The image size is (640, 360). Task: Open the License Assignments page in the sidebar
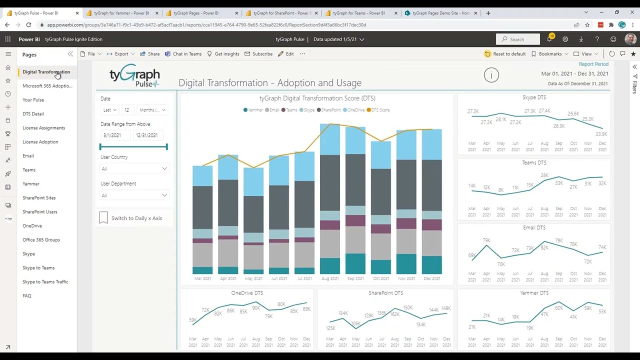(x=43, y=128)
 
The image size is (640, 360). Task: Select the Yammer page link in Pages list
(x=30, y=184)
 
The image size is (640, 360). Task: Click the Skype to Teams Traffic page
(x=45, y=282)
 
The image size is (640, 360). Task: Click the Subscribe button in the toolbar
(x=258, y=54)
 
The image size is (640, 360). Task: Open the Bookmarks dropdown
(x=549, y=54)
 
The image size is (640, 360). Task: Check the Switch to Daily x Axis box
(x=103, y=218)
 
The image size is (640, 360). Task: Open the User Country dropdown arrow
(x=164, y=169)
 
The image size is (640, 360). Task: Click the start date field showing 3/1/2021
(x=112, y=135)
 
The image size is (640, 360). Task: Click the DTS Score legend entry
(x=378, y=110)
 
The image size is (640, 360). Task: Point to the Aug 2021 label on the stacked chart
(x=330, y=278)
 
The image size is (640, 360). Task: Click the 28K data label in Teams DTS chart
(x=544, y=175)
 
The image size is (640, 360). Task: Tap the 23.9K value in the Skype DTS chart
(x=601, y=134)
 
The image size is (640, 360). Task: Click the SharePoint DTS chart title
(x=385, y=293)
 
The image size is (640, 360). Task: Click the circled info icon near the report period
(x=491, y=75)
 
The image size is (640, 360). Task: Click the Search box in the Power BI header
(x=518, y=39)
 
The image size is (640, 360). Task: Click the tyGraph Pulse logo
(x=134, y=76)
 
